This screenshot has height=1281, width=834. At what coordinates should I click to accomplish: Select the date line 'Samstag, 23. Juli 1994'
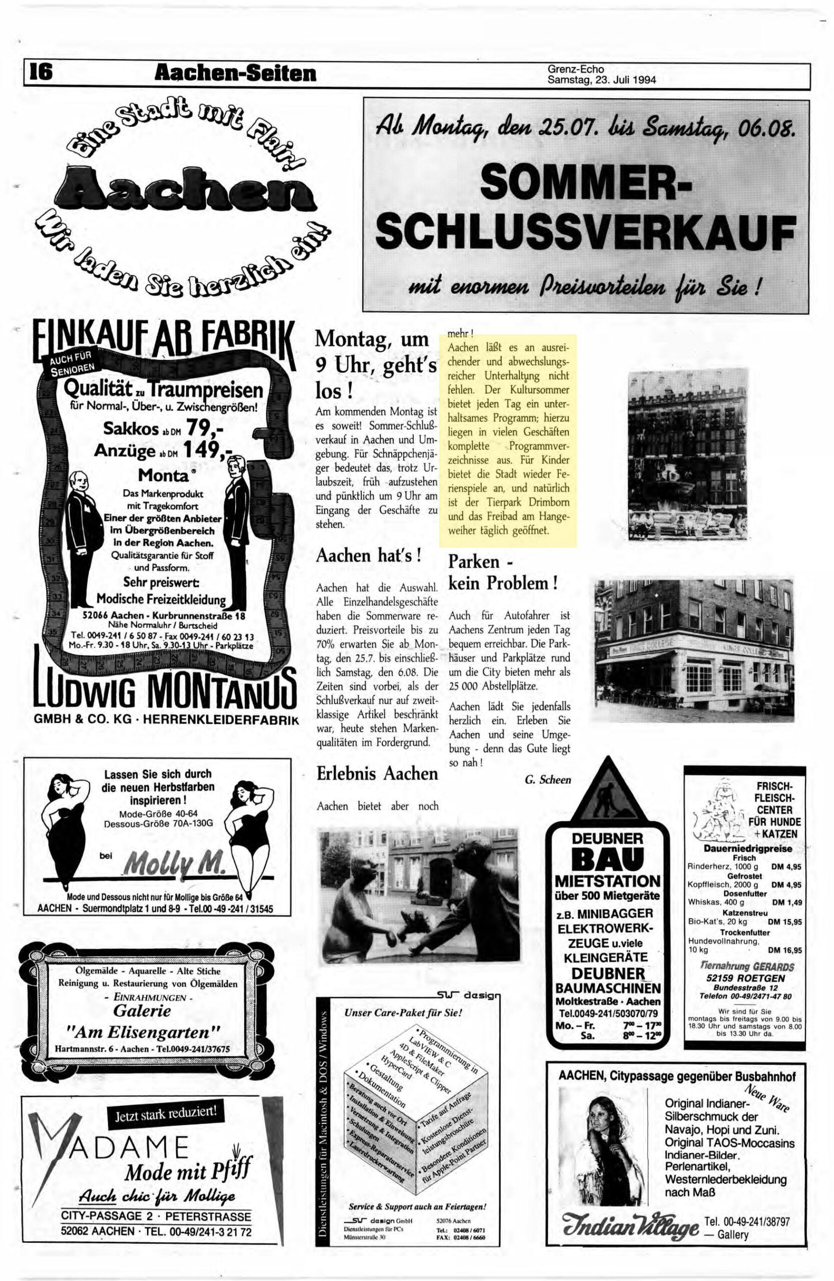[x=601, y=81]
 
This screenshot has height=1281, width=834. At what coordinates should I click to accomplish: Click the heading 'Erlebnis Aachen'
[x=377, y=774]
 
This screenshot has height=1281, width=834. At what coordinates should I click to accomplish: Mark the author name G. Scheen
[x=547, y=780]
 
